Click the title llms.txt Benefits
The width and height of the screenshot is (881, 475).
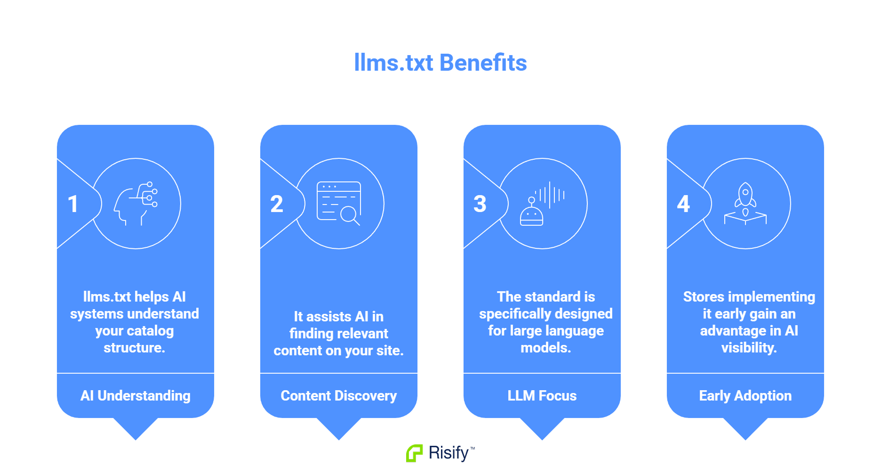coord(440,63)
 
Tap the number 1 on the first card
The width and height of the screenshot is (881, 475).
coord(72,204)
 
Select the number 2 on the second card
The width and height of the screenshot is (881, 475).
coord(277,204)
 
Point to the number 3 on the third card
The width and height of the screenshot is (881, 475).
coord(480,204)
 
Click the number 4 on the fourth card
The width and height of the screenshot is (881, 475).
coord(683,204)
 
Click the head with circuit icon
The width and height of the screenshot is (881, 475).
coord(136,204)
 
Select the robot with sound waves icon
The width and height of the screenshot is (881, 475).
coord(542,204)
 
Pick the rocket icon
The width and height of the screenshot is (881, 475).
coord(745,204)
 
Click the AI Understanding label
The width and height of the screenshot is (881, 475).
coord(136,396)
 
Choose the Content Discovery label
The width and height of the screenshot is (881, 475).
coord(339,396)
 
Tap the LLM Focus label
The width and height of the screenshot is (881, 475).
coord(542,396)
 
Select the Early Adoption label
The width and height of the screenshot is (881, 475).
coord(745,396)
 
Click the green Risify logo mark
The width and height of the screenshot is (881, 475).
coord(414,453)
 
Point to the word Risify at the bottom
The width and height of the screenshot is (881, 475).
coord(449,453)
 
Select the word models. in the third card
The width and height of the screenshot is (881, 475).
coord(545,348)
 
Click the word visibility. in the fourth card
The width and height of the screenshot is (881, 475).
coord(749,348)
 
